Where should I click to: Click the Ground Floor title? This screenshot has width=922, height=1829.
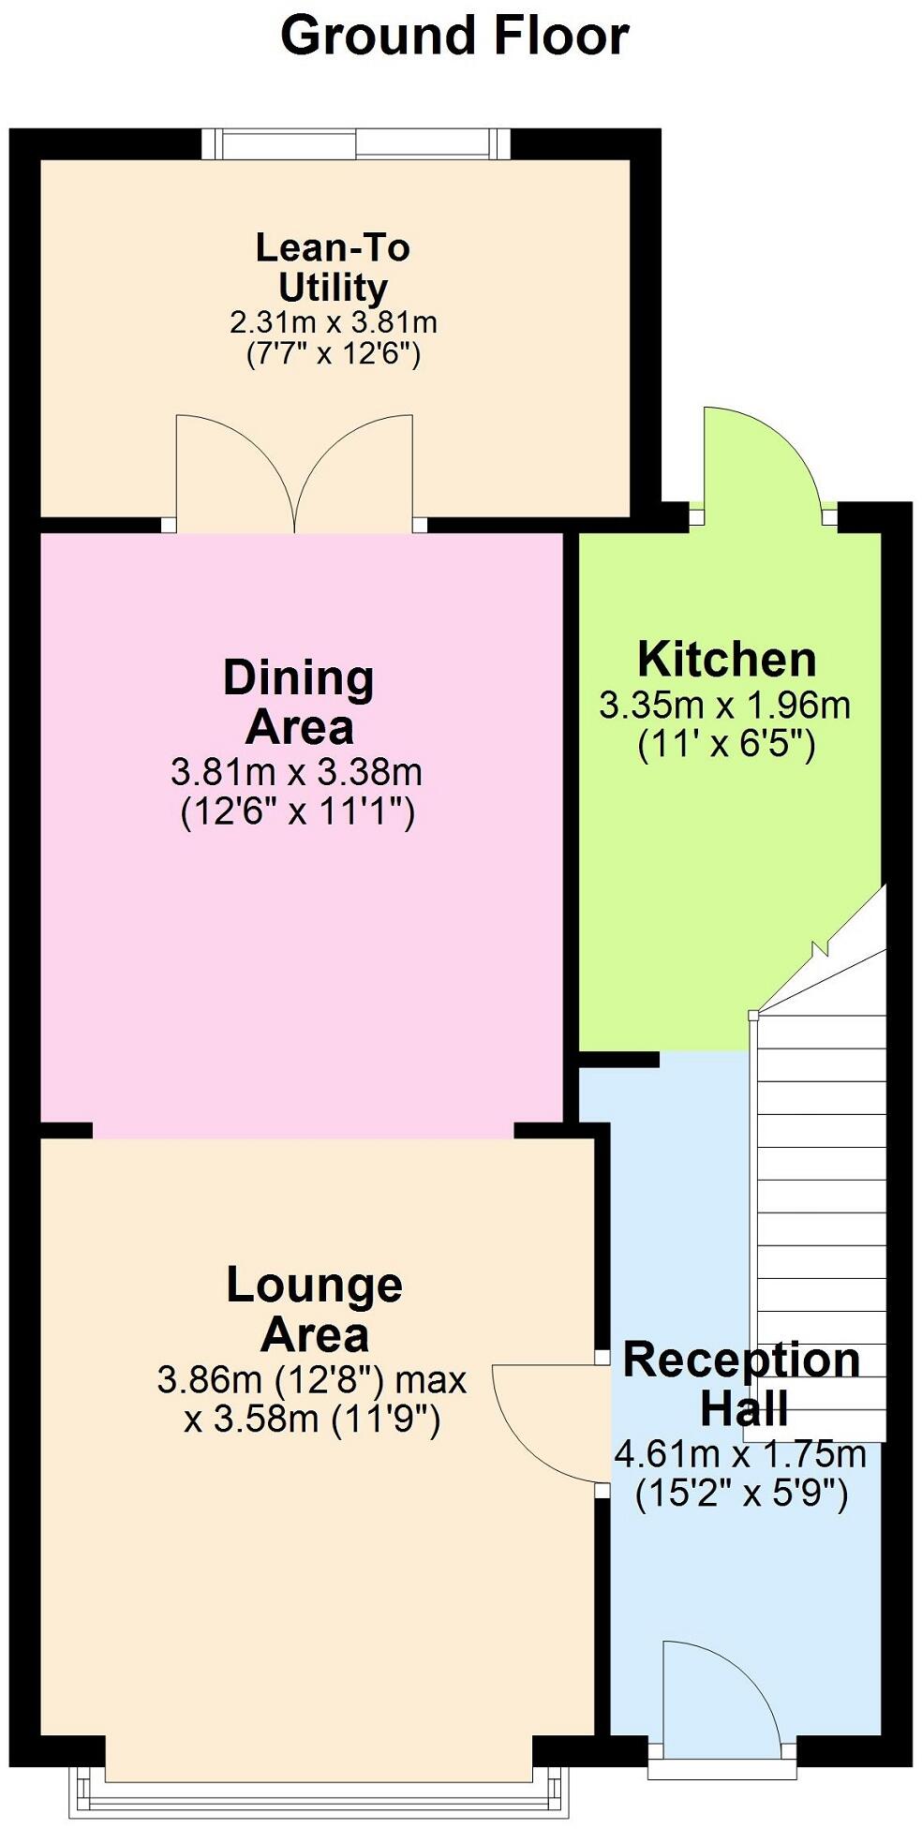(x=454, y=37)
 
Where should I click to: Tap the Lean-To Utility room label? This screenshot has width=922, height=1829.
(x=333, y=267)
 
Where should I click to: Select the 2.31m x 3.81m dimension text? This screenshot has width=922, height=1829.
(x=333, y=322)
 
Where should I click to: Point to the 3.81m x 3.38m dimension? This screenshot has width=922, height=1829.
(x=297, y=772)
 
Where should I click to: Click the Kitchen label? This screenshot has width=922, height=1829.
(x=726, y=660)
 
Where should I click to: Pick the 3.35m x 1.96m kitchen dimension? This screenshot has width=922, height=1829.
(x=725, y=705)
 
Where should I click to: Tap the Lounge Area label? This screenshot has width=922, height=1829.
(x=315, y=1310)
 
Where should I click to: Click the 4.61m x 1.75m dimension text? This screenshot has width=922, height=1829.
(x=740, y=1454)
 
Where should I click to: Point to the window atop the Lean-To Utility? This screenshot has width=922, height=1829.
(x=356, y=144)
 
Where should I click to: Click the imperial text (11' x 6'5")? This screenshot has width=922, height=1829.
(x=726, y=744)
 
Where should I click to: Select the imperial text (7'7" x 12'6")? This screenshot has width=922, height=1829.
(x=333, y=354)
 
